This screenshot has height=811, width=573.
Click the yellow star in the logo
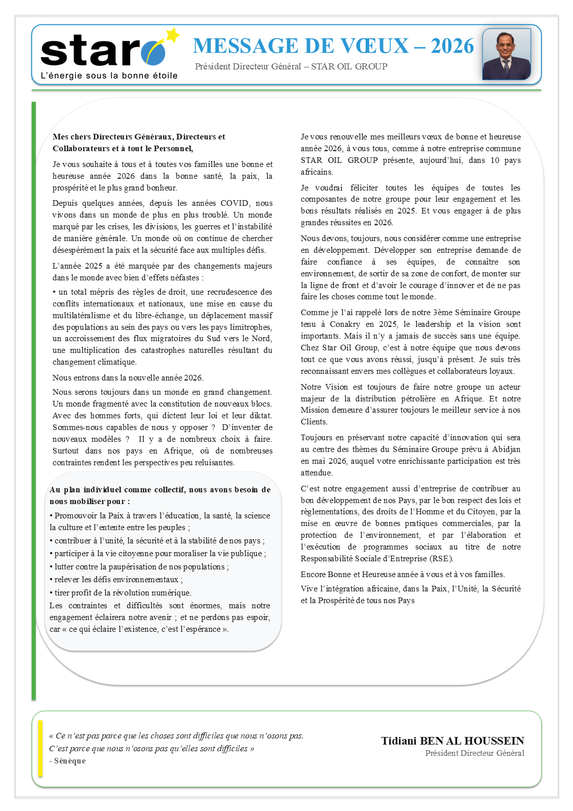point(173,35)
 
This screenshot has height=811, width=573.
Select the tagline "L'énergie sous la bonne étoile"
point(109,76)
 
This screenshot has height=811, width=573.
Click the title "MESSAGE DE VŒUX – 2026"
point(333,46)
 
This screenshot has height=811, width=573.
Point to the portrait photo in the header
point(506,55)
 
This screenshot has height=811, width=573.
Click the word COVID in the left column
point(234,203)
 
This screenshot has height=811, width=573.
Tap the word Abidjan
point(506,449)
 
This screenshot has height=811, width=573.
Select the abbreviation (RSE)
point(441,559)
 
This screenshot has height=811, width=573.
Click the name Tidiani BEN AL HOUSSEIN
point(452,741)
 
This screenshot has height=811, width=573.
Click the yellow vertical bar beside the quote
point(40,749)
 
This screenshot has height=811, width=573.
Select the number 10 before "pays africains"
point(495,160)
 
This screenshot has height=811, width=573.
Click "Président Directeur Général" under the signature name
point(474,753)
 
